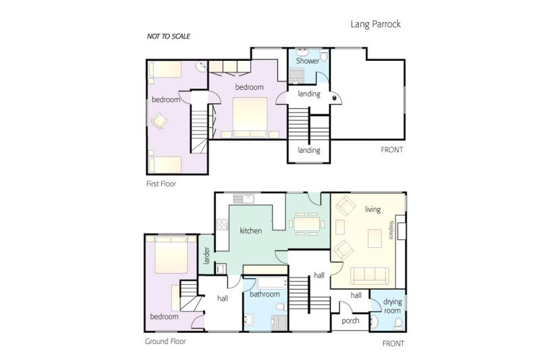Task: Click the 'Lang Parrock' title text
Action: [x=375, y=24]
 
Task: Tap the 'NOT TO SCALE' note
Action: [x=168, y=36]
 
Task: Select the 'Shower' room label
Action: [x=308, y=61]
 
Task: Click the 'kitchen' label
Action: [x=250, y=230]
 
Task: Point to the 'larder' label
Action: [x=207, y=255]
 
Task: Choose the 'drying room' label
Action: [x=392, y=306]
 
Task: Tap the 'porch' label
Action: [x=350, y=321]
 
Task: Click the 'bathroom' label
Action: [x=265, y=294]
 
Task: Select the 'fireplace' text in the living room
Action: [x=391, y=230]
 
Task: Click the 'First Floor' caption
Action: [x=161, y=184]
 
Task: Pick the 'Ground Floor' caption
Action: [x=165, y=341]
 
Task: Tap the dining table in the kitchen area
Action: [x=306, y=224]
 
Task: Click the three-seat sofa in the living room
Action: [x=369, y=276]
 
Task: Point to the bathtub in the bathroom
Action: [x=271, y=283]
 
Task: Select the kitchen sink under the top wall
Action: [x=244, y=199]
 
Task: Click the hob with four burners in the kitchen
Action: [x=223, y=225]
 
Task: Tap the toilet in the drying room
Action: [x=398, y=324]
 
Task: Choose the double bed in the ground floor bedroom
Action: [x=171, y=255]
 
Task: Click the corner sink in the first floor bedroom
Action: [x=200, y=67]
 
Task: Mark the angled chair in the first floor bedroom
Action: [x=159, y=121]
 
